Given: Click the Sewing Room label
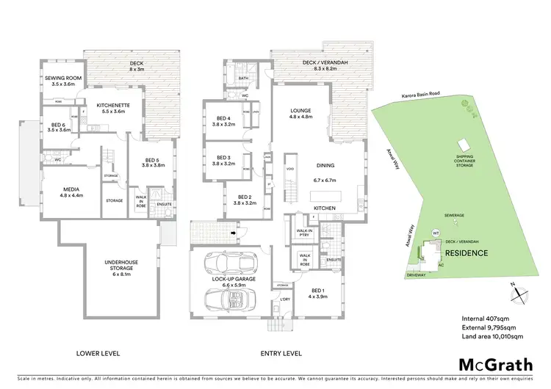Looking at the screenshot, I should [64, 81].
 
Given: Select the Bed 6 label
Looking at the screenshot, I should [57, 126].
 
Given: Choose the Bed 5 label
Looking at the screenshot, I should [150, 162].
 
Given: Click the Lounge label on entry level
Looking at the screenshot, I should [301, 113].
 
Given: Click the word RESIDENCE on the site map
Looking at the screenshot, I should [466, 253].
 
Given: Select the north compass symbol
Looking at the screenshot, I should [519, 292].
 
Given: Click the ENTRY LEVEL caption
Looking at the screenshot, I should [281, 353].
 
